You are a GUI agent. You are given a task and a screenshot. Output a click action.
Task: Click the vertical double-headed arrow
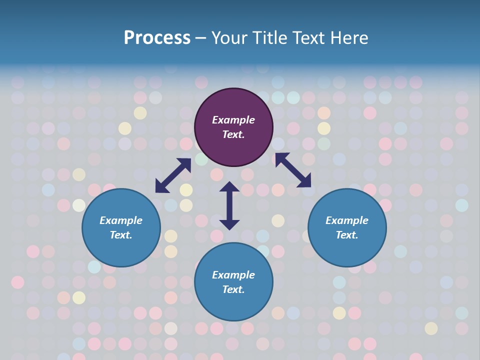point(229,205)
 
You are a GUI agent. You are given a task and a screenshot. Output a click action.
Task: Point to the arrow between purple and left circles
point(173,175)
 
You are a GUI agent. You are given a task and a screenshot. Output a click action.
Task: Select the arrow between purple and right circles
point(293,170)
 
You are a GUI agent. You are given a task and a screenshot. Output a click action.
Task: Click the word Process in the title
point(157,38)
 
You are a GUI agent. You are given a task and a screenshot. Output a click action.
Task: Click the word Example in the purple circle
point(233,120)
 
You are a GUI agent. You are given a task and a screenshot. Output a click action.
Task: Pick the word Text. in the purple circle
point(233,134)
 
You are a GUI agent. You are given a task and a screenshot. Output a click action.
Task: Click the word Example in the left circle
point(121,220)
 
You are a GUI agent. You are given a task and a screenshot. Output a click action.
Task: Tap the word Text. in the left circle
point(121,235)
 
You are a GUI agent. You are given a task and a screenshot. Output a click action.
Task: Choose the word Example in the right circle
point(347,220)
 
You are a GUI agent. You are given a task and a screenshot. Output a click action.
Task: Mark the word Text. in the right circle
point(347,235)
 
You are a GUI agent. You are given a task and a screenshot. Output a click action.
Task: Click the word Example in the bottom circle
point(233,275)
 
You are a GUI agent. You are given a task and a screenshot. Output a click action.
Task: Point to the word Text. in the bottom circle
point(233,289)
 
